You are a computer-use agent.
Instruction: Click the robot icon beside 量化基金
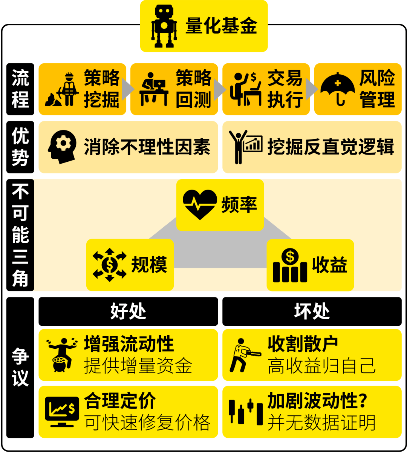pyautogui.click(x=164, y=26)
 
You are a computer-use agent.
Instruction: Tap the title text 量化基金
pyautogui.click(x=221, y=26)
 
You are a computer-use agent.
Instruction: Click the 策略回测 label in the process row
pyautogui.click(x=194, y=89)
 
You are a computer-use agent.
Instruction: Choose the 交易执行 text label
pyautogui.click(x=285, y=89)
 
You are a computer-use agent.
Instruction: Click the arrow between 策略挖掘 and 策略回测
pyautogui.click(x=129, y=89)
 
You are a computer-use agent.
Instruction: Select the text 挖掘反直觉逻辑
pyautogui.click(x=330, y=147)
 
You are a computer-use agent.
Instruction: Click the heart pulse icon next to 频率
pyautogui.click(x=200, y=205)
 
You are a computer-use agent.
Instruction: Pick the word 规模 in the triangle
pyautogui.click(x=149, y=264)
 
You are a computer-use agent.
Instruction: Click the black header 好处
pyautogui.click(x=128, y=311)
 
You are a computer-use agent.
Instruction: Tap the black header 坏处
pyautogui.click(x=312, y=311)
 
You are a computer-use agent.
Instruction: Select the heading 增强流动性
pyautogui.click(x=129, y=344)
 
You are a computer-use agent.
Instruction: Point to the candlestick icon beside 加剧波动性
pyautogui.click(x=246, y=411)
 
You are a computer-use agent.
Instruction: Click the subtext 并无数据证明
pyautogui.click(x=321, y=423)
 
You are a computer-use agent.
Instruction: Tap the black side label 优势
pyautogui.click(x=20, y=147)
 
